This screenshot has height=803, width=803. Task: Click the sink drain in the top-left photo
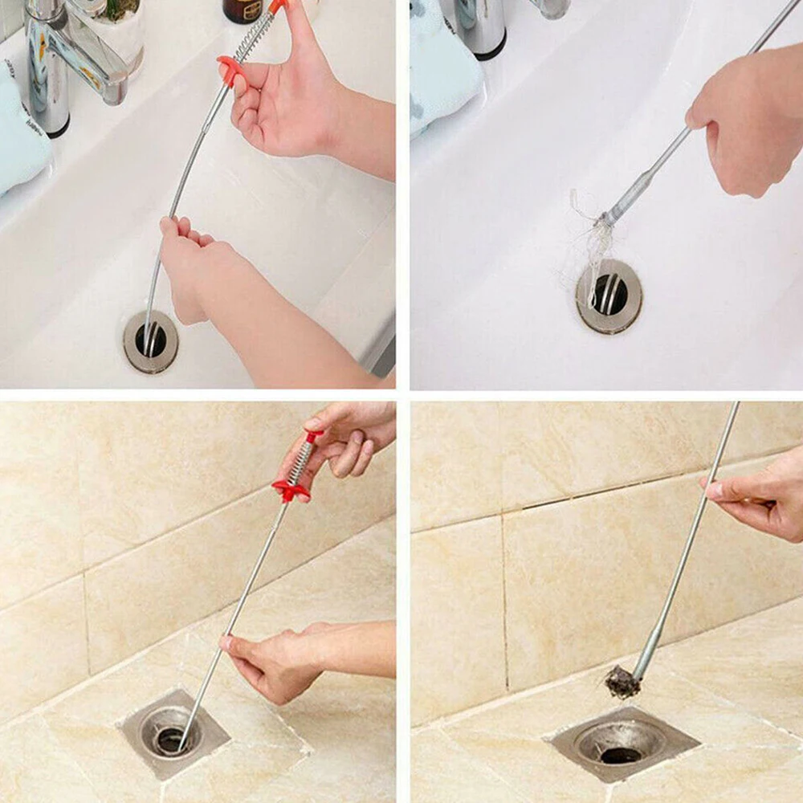point(151,341)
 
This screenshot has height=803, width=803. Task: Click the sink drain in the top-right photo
point(609,296)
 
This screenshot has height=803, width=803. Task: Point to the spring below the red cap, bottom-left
point(302,462)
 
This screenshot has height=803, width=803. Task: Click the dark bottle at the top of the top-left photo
point(243,10)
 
